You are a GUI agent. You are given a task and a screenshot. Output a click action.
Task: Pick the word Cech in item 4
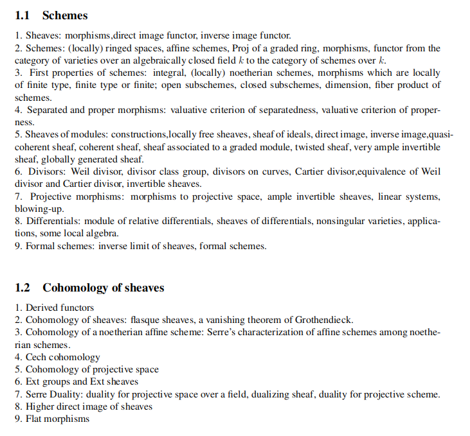(36, 357)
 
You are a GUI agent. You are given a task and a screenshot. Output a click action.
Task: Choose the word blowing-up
(36, 209)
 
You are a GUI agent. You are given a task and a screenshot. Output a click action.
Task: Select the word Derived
(42, 308)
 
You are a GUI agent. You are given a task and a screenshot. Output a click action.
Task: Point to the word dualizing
(273, 394)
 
